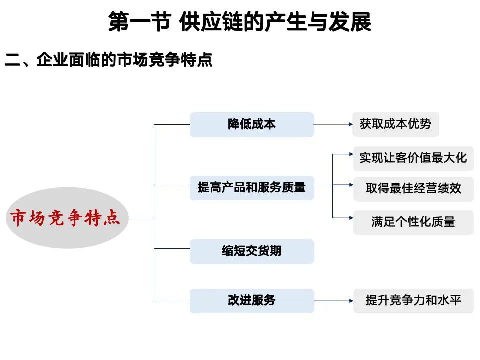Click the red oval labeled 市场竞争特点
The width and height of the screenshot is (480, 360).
pos(65,218)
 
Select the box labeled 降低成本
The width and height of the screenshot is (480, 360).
pos(252,124)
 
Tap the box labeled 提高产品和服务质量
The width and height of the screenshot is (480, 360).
pos(252,188)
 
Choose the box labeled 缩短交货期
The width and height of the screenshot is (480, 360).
pos(252,251)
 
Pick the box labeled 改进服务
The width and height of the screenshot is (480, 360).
pos(252,301)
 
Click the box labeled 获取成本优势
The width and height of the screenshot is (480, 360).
pos(396,124)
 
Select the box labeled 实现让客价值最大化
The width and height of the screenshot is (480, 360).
pos(413,158)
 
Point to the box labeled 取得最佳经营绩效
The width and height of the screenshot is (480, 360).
pos(413,189)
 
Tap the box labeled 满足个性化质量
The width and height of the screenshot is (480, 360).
pos(413,222)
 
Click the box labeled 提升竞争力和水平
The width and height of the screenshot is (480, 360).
pos(413,301)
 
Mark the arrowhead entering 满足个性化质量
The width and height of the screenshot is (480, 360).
pos(350,218)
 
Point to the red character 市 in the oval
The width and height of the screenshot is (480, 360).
pos(19,218)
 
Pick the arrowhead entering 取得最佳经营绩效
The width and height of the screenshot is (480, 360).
pos(350,185)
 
